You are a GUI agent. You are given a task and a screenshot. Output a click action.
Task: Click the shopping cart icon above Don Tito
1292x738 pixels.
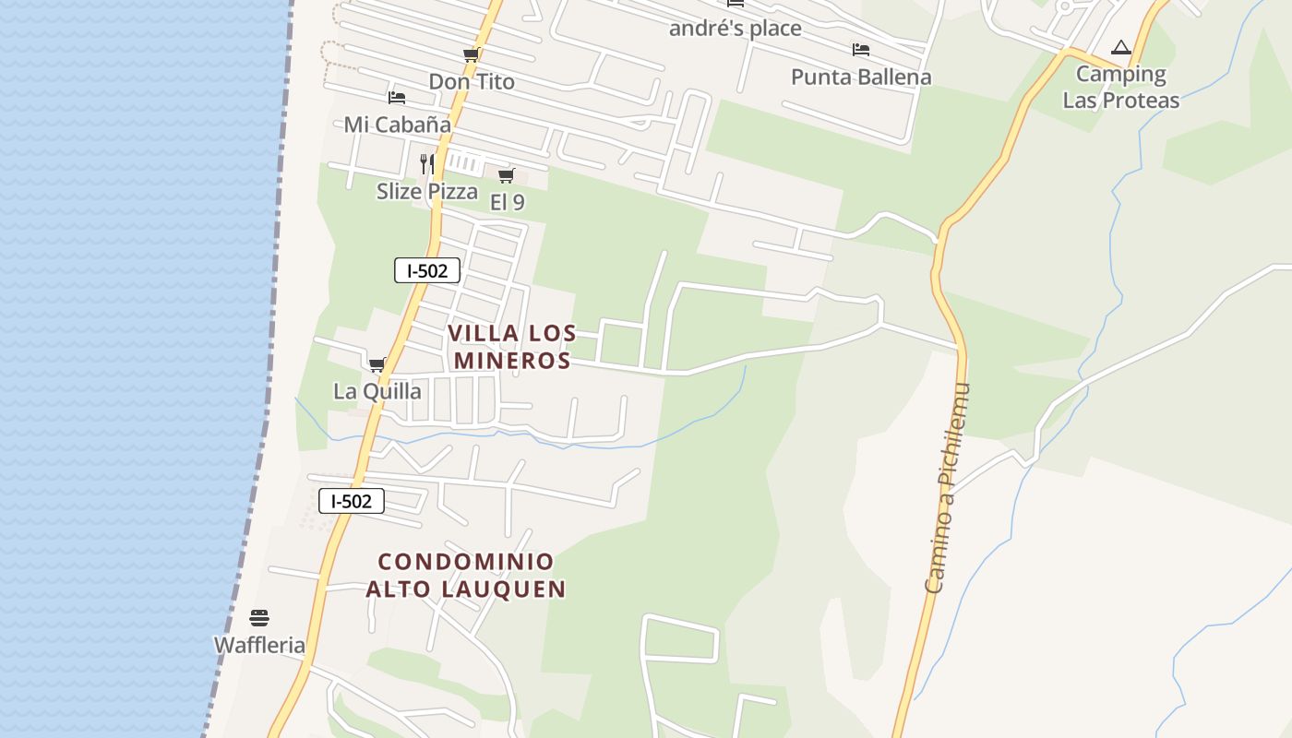471,55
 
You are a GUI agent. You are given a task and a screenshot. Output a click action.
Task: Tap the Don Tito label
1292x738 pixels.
472,82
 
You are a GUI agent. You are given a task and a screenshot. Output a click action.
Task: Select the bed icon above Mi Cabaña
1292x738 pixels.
397,97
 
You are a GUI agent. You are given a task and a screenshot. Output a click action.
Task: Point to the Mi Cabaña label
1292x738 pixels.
398,125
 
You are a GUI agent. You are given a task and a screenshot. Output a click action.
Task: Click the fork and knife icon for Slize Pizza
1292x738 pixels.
427,164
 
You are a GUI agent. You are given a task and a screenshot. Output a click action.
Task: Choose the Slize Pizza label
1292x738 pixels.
427,192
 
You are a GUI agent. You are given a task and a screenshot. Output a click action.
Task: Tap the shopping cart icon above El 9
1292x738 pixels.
506,175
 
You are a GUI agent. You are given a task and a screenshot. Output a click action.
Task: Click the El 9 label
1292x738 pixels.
507,202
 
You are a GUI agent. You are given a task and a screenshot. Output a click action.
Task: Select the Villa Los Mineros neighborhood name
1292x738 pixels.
512,347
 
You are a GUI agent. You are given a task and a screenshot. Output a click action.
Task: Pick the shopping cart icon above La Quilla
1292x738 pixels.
377,364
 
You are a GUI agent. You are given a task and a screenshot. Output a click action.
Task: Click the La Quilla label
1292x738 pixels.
377,391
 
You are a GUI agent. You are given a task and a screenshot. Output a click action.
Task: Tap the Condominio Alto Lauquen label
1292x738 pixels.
466,575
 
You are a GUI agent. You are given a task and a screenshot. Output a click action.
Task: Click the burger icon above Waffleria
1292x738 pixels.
259,617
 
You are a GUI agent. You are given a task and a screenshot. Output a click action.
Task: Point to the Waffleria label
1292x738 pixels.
259,645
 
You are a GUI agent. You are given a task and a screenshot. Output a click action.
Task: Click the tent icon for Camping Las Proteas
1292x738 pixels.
1121,47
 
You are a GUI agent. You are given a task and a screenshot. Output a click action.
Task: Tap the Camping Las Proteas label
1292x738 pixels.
1121,87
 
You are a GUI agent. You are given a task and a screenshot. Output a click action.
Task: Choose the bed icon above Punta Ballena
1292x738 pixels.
861,49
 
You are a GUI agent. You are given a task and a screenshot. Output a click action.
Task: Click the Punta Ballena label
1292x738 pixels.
861,77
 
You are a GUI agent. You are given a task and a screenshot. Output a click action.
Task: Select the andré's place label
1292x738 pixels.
735,29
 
